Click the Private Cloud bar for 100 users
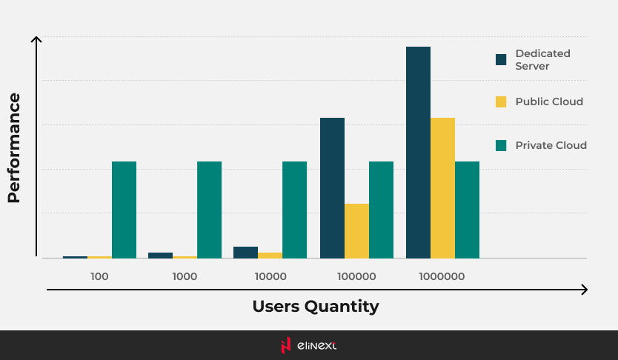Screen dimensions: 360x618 124,210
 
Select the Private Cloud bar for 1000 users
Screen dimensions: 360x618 209,210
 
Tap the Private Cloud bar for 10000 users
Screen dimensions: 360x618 294,210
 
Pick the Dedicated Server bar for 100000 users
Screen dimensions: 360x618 332,187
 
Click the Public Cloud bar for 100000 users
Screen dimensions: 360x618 356,230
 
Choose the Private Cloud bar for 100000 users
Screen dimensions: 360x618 381,210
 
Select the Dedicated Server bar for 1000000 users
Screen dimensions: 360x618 418,152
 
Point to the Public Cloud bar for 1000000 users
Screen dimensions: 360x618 442,187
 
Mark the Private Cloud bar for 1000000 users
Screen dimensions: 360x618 467,210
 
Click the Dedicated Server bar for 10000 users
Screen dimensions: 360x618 245,253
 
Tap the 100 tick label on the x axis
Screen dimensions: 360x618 99,276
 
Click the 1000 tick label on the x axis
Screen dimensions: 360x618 185,276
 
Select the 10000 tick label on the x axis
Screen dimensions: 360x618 270,276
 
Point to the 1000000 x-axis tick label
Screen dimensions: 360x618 442,276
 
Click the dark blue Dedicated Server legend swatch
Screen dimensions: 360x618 501,59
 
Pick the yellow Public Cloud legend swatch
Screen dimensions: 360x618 501,101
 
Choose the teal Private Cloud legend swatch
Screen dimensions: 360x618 501,145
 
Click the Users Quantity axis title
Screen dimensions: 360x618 315,306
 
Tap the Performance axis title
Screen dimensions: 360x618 13,148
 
